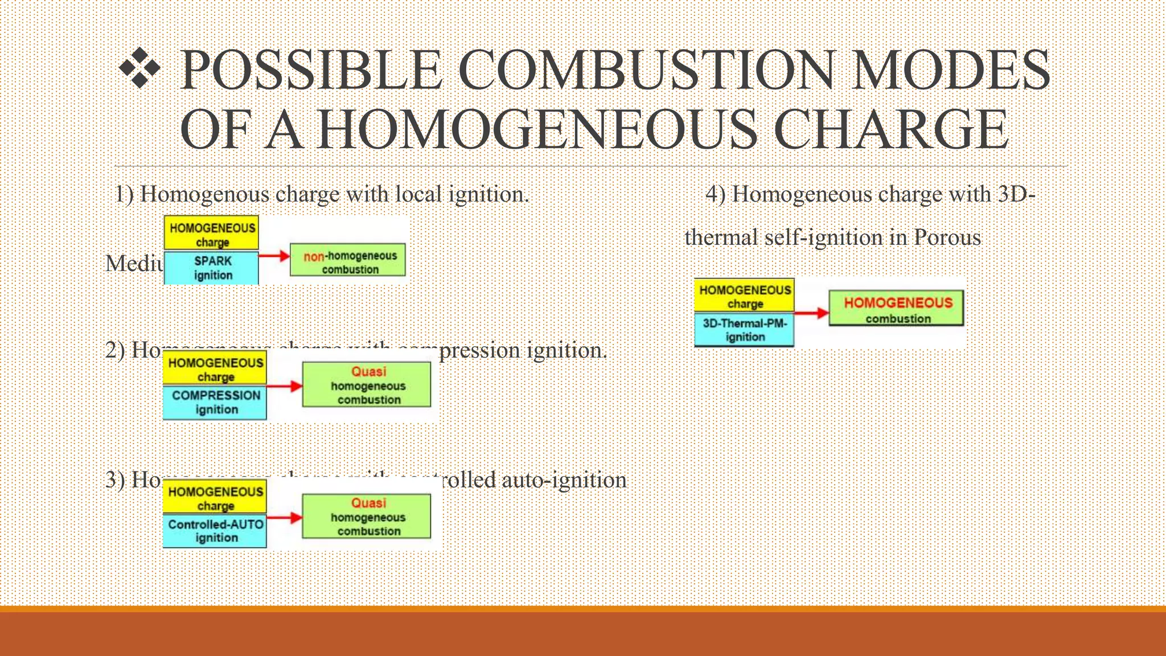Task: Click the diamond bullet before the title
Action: click(x=139, y=68)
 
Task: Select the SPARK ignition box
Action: click(x=212, y=268)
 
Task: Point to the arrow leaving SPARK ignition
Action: click(x=274, y=256)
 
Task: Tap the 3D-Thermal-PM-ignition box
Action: click(x=744, y=330)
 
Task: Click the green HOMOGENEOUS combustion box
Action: click(x=896, y=309)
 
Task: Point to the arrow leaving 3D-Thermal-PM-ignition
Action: click(x=811, y=313)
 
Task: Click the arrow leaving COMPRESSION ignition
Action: click(x=284, y=386)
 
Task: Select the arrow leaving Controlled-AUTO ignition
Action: click(x=284, y=518)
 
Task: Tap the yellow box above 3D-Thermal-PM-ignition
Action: click(x=744, y=296)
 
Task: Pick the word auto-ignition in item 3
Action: click(x=564, y=480)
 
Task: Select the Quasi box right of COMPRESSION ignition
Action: click(x=367, y=385)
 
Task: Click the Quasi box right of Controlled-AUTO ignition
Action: click(x=367, y=516)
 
